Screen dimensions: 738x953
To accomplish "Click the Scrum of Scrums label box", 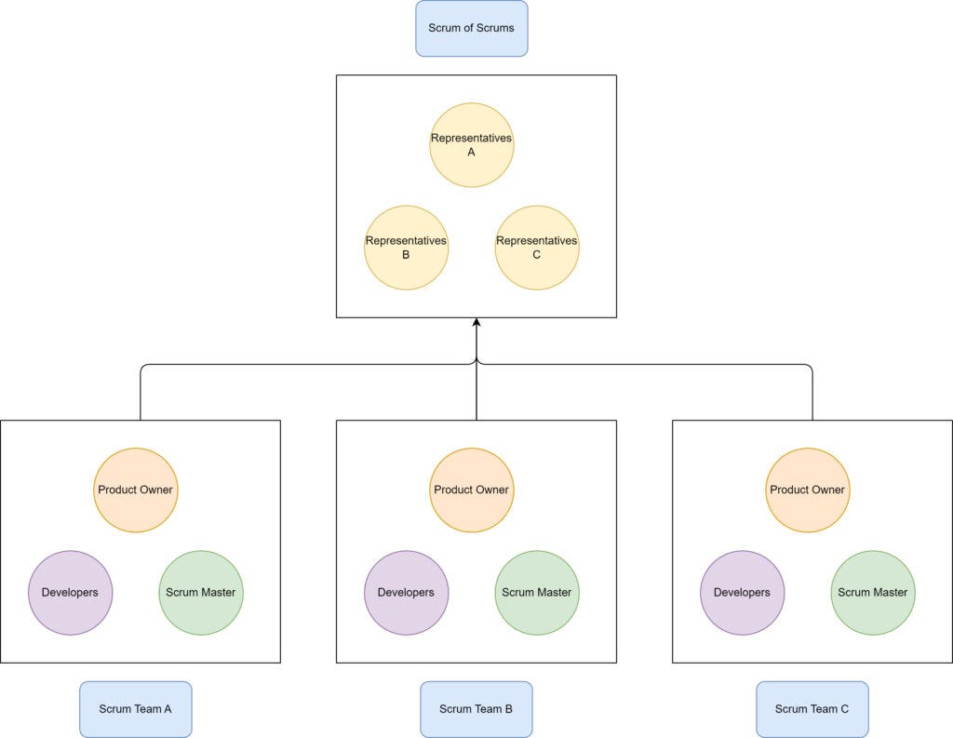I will pyautogui.click(x=471, y=28).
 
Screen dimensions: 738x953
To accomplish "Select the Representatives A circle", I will pyautogui.click(x=471, y=145).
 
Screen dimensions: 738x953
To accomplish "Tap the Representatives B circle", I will pyautogui.click(x=406, y=248).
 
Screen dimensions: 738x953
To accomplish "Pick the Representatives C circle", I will pyautogui.click(x=536, y=248).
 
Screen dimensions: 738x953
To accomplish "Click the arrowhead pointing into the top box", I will pyautogui.click(x=476, y=323).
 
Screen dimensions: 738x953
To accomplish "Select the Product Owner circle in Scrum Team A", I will pyautogui.click(x=135, y=490).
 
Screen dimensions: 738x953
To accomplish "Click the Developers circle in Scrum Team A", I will pyautogui.click(x=70, y=592).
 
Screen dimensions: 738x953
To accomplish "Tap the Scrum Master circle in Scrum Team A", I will pyautogui.click(x=200, y=592).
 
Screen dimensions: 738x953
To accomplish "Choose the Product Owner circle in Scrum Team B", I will pyautogui.click(x=471, y=490).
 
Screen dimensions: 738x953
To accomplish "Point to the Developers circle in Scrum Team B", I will pyautogui.click(x=406, y=592).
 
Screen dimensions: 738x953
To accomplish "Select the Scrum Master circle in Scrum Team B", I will pyautogui.click(x=536, y=592).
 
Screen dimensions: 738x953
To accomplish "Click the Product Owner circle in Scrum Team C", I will pyautogui.click(x=807, y=490).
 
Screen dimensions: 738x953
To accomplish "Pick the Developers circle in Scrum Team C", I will pyautogui.click(x=742, y=592).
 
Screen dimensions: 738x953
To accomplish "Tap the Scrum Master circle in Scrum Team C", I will pyautogui.click(x=872, y=592).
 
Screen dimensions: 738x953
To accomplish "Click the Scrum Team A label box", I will pyautogui.click(x=135, y=709).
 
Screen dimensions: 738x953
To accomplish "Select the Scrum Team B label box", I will pyautogui.click(x=476, y=709).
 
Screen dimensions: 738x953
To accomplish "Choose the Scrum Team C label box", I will pyautogui.click(x=812, y=709).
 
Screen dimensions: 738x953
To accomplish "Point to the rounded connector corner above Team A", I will pyautogui.click(x=143, y=367).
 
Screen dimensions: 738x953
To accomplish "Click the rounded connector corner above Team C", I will pyautogui.click(x=810, y=367).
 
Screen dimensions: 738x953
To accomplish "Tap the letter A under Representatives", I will pyautogui.click(x=471, y=153).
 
